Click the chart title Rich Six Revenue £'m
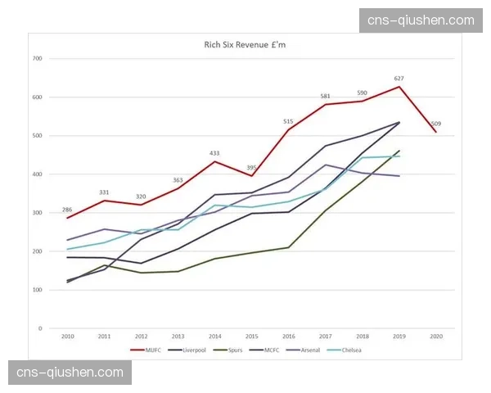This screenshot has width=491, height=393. coord(245,45)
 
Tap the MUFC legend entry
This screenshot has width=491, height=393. coord(150,350)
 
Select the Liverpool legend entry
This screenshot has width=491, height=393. coord(191,350)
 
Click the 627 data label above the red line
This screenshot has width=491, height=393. coord(399,79)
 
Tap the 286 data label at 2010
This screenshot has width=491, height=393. coord(67,210)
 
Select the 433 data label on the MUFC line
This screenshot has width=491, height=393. coord(214,153)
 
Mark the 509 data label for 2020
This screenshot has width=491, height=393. coord(436,124)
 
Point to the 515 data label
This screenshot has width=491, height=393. coord(288,121)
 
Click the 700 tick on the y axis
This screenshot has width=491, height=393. coord(37,59)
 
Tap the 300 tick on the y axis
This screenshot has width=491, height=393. coord(37,213)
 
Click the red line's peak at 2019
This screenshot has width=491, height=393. coord(399,87)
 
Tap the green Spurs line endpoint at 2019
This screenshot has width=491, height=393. coord(399,151)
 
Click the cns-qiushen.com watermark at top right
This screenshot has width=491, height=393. coord(421,20)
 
